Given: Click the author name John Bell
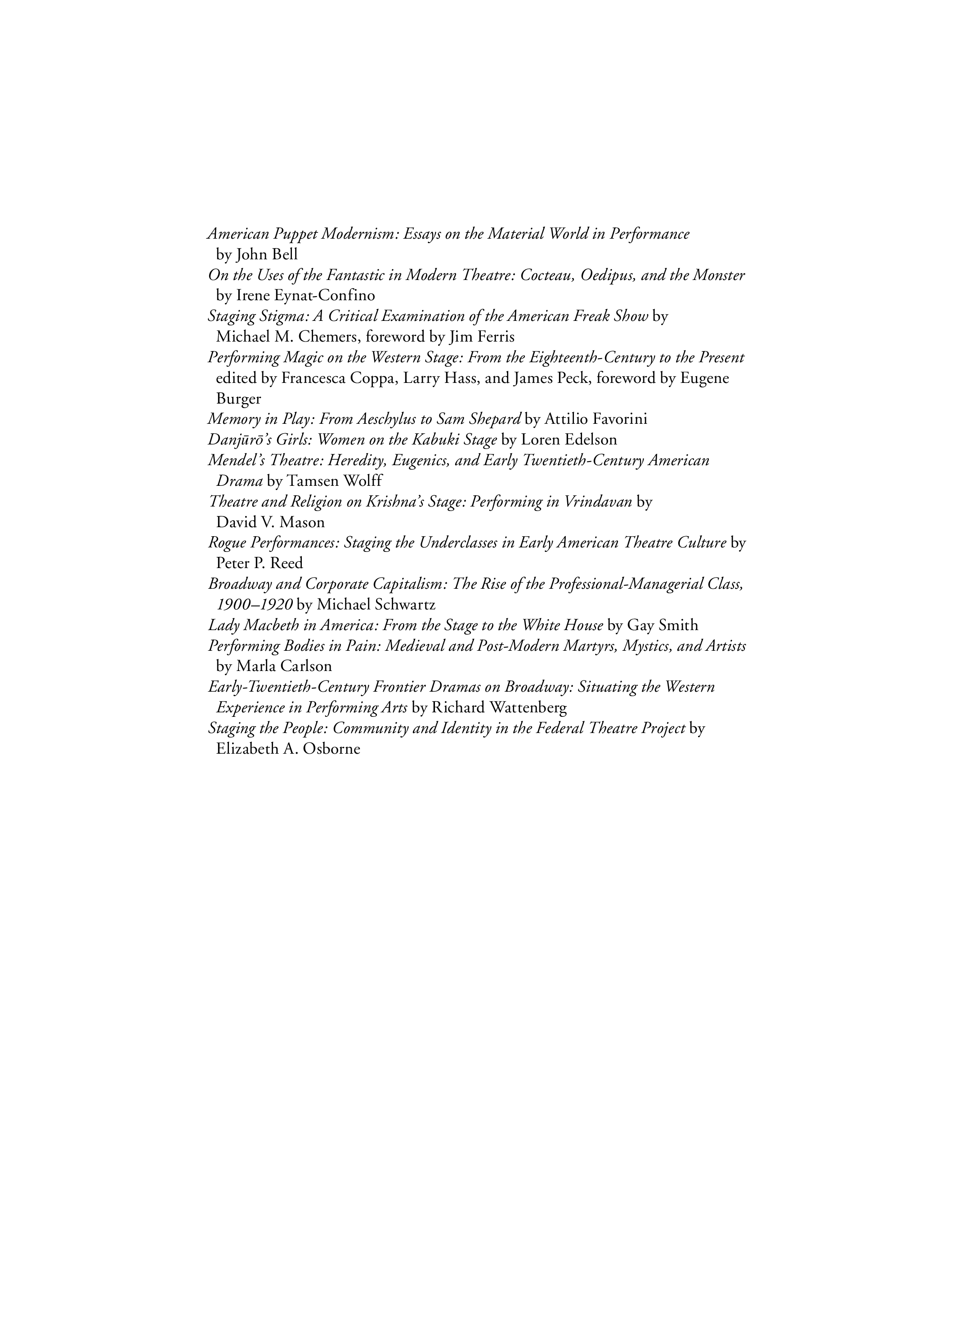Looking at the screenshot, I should click(267, 254).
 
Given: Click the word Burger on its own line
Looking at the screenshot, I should click(238, 399).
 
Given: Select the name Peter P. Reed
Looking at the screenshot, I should click(260, 563).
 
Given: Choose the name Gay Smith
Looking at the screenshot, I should click(663, 625).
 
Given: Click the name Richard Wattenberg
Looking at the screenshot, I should click(499, 707).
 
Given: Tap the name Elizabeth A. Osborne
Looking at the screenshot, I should click(288, 749).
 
